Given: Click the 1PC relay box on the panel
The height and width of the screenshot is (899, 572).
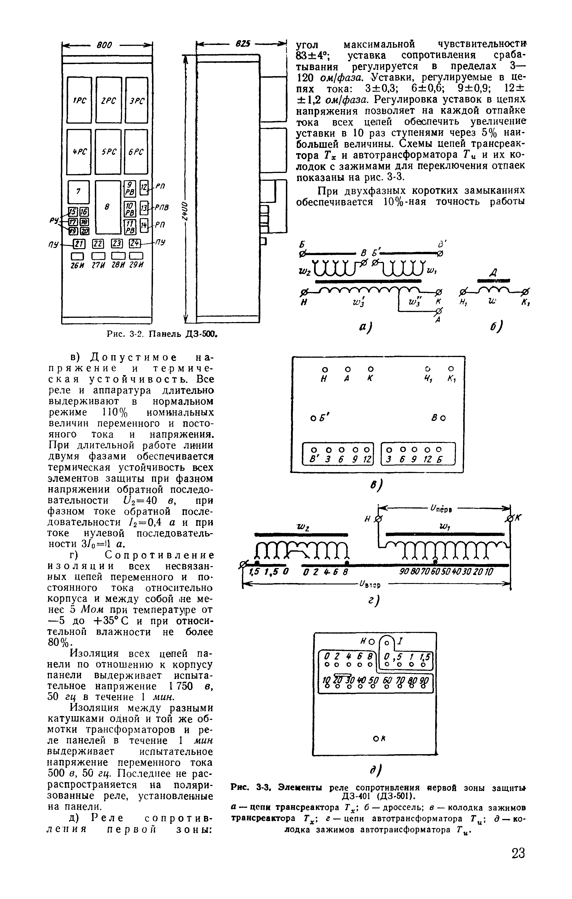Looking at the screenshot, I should tap(79, 100).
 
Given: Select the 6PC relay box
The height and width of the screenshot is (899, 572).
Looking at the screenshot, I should tap(136, 152).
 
